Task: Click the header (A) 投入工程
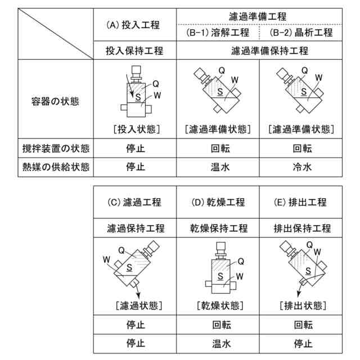point(133,25)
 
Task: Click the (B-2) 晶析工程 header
point(304,33)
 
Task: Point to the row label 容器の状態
point(55,102)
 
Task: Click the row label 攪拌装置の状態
point(55,150)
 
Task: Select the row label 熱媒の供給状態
point(55,167)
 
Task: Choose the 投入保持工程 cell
point(135,51)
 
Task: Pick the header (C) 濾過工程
point(135,202)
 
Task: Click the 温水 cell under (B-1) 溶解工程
point(219,167)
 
